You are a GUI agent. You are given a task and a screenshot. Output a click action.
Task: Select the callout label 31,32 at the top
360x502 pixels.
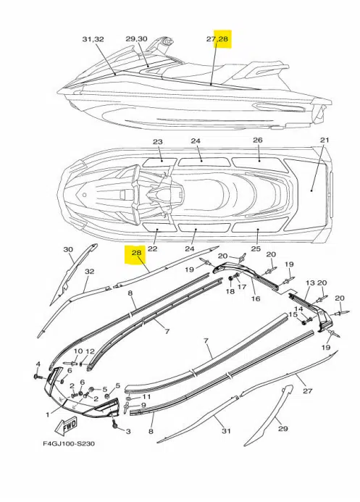click(93, 38)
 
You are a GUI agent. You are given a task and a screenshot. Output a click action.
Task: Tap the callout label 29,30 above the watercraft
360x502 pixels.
click(136, 38)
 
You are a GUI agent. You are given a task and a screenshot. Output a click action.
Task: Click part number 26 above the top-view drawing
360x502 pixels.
click(257, 140)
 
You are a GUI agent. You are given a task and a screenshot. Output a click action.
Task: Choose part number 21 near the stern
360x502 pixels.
click(325, 140)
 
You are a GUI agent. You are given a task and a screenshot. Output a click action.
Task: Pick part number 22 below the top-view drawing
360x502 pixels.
click(153, 248)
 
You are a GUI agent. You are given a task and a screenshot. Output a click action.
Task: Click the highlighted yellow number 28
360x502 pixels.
click(135, 254)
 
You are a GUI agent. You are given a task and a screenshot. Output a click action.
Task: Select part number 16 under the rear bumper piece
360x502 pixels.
click(255, 298)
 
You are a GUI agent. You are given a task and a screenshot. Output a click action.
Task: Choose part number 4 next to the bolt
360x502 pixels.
click(38, 363)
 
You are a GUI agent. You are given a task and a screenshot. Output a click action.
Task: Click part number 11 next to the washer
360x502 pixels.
click(146, 397)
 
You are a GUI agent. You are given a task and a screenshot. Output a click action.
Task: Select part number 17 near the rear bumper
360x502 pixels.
click(242, 288)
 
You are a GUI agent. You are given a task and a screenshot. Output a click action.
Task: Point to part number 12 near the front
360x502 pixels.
click(91, 351)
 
